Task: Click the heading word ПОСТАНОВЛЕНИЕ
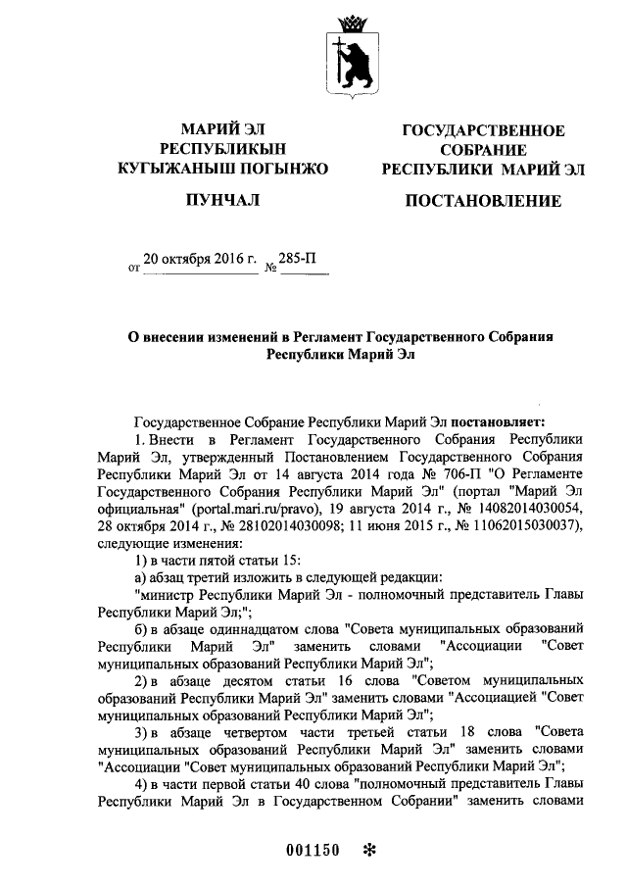click(483, 202)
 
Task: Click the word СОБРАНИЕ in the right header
click(484, 151)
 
